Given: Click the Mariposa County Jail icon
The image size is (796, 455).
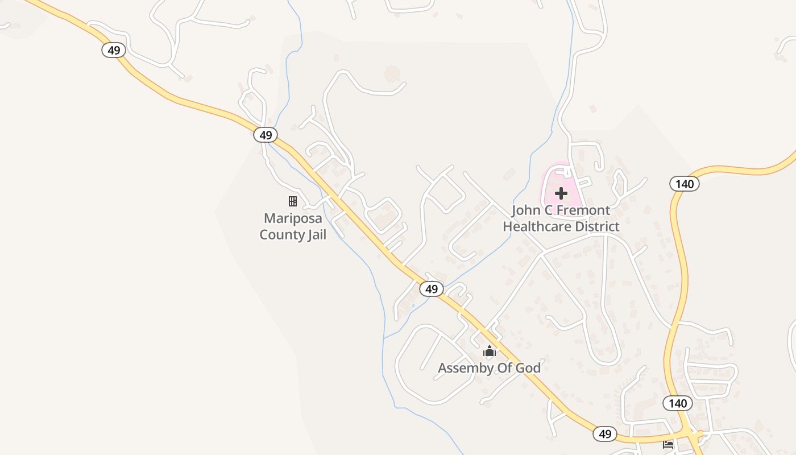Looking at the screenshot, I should coord(293,201).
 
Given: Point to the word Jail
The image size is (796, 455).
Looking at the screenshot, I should coord(314,234).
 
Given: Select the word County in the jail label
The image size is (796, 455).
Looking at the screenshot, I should coord(280,234).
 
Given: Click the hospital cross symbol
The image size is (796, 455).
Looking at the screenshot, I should coord(561,193).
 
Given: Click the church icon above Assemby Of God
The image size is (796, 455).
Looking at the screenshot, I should coord(490,351).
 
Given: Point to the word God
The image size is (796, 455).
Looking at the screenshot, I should coord(528,368).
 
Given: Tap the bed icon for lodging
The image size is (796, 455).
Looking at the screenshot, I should coord(668,444).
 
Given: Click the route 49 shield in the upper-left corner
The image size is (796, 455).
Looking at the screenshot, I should coord(114,50).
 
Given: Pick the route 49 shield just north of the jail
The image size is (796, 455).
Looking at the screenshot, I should coord(265,135).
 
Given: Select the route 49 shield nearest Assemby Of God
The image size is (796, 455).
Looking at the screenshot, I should coord(432,289).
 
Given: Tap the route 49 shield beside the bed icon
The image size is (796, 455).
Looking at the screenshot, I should coord(605,434).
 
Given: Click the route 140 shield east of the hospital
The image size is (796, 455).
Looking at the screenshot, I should coord(685,184).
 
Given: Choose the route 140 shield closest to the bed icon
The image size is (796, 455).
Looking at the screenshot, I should coord(678,403).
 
